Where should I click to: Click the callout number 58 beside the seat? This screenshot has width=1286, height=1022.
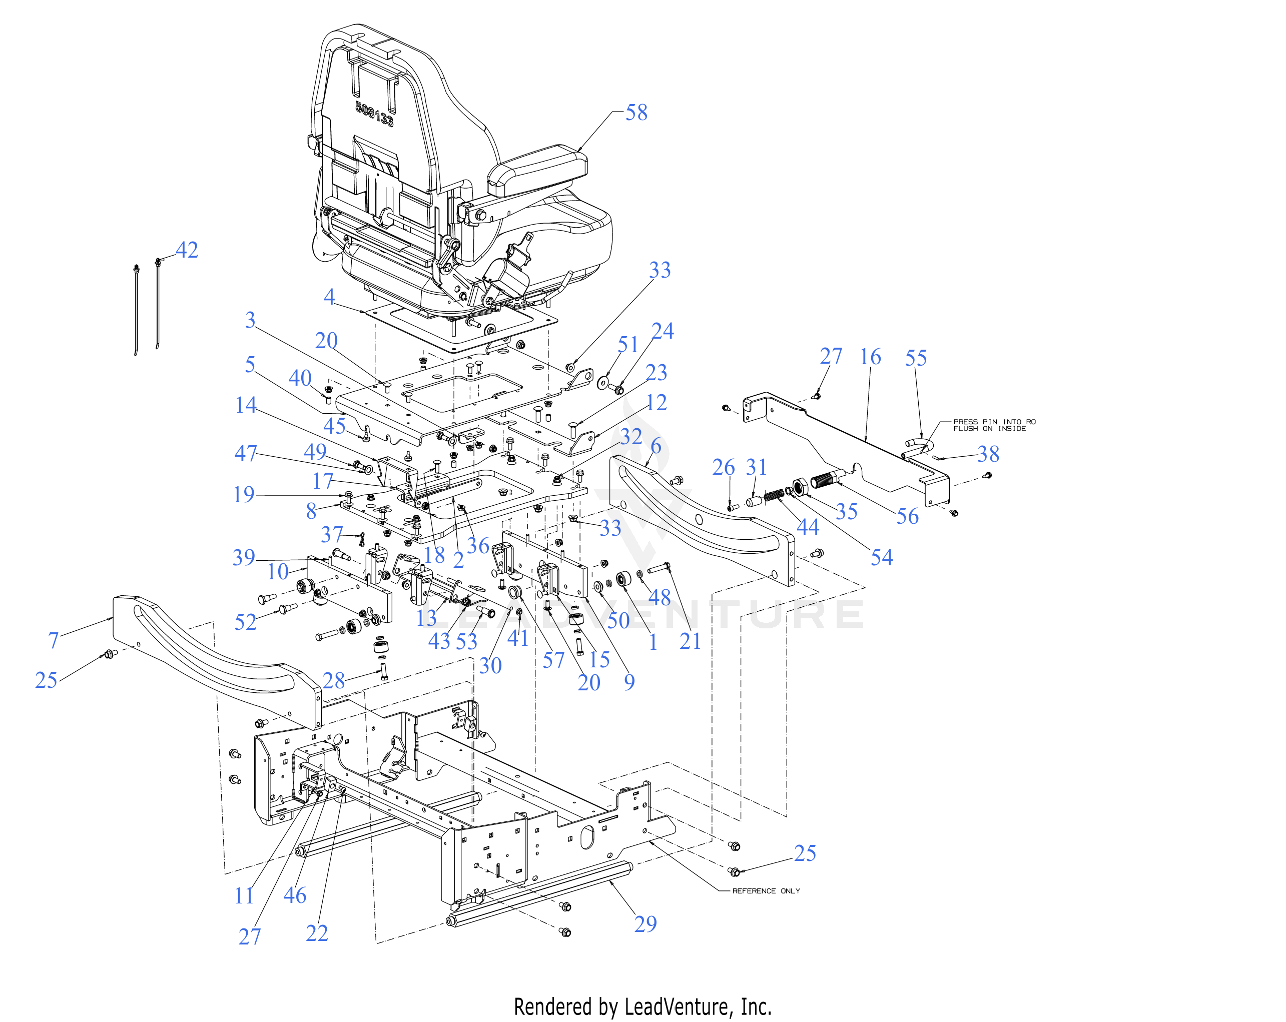click(636, 112)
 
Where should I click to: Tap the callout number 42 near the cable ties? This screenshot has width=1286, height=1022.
click(187, 250)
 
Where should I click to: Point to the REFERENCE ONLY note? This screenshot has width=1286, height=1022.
click(766, 891)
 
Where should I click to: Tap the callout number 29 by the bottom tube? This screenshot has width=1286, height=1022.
click(646, 923)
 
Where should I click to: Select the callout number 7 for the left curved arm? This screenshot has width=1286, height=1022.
click(53, 640)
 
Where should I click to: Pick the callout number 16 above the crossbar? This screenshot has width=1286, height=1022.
click(870, 357)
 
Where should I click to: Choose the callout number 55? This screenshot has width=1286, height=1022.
click(916, 358)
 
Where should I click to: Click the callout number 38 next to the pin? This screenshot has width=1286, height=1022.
click(988, 454)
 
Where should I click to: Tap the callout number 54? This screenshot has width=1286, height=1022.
click(882, 557)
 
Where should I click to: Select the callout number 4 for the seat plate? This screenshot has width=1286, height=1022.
click(329, 297)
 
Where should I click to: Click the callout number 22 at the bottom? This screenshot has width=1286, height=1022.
click(317, 933)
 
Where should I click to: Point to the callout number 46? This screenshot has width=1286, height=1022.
click(295, 895)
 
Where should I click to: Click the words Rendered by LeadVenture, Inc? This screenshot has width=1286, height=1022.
click(642, 1007)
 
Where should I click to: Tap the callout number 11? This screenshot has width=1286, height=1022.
click(245, 895)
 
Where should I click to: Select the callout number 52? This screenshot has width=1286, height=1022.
click(245, 622)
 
